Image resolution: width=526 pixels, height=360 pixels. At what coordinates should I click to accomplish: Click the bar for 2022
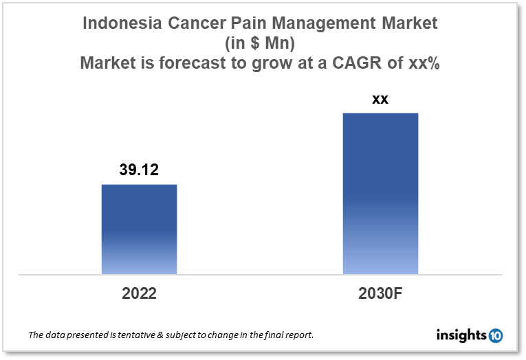click(x=139, y=229)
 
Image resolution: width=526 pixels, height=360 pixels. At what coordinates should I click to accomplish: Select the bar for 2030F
click(x=380, y=194)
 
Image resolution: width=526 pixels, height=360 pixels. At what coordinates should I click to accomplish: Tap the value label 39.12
click(x=139, y=170)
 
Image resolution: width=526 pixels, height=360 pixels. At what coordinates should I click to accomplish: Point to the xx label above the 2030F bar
click(x=380, y=99)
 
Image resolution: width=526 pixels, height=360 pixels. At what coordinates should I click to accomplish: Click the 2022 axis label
click(x=139, y=294)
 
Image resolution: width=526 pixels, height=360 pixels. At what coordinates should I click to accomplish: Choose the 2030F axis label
click(x=380, y=294)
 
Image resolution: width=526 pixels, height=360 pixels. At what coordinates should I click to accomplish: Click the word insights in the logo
click(x=461, y=335)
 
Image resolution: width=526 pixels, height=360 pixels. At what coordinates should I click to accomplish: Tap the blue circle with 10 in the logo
click(x=495, y=335)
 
